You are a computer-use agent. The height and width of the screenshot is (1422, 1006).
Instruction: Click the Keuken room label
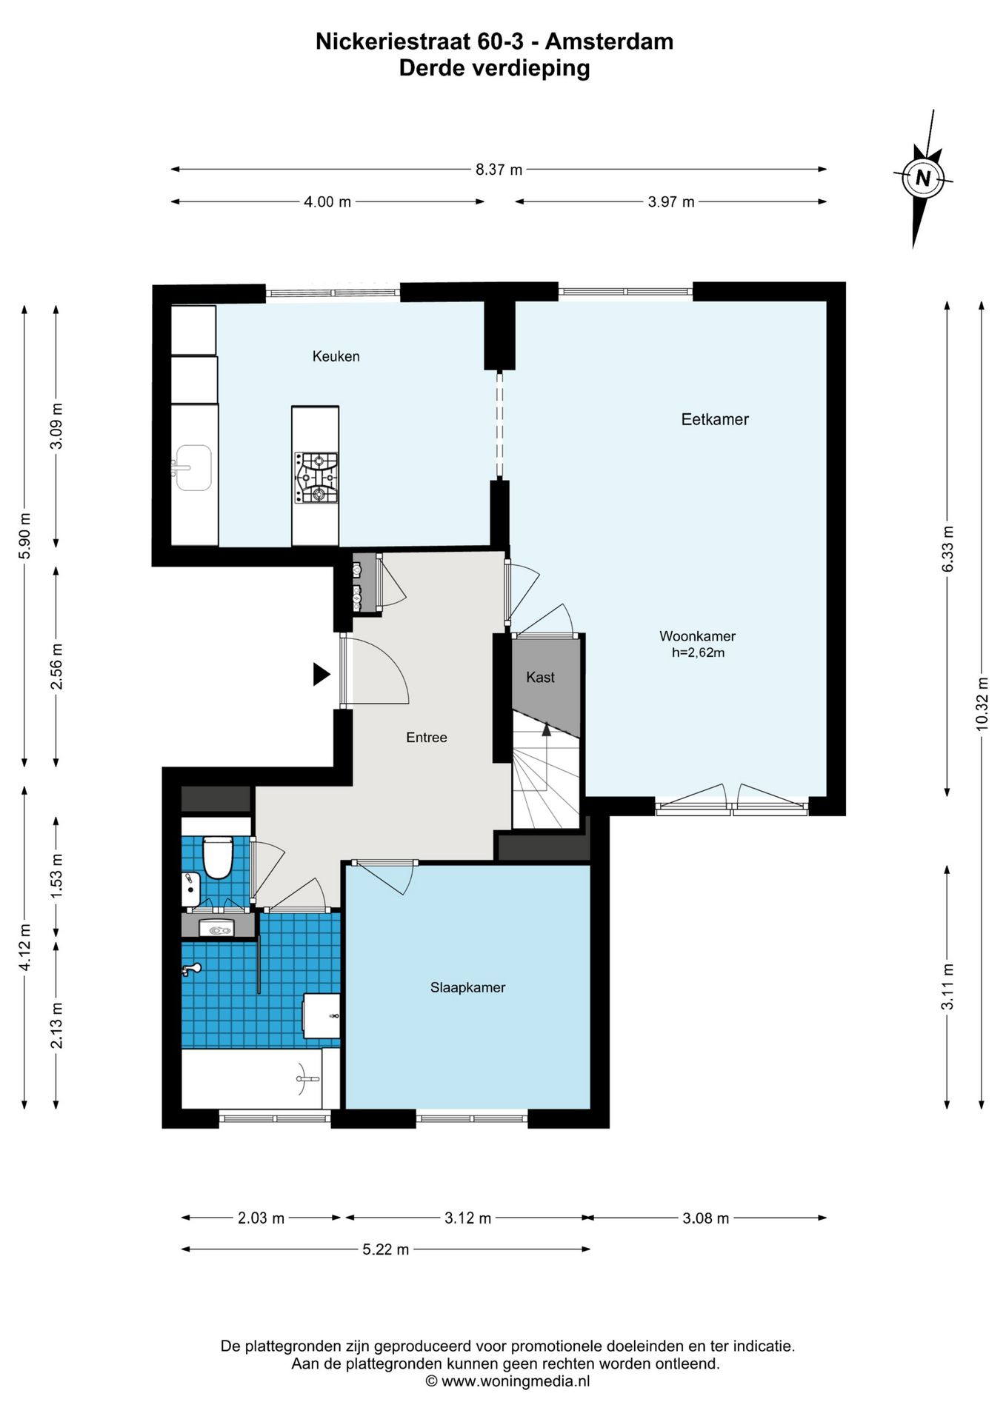click(336, 356)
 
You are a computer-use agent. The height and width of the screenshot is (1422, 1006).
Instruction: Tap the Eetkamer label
click(715, 419)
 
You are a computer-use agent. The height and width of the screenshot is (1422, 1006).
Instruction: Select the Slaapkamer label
click(467, 987)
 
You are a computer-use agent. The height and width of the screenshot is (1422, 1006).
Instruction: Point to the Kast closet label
click(540, 677)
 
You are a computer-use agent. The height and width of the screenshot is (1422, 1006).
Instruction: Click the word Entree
click(427, 738)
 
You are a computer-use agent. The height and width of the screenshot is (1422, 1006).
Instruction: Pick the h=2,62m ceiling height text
click(698, 652)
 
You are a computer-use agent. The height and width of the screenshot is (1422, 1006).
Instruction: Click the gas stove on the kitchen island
click(316, 478)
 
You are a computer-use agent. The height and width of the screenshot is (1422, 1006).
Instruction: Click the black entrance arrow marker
click(321, 674)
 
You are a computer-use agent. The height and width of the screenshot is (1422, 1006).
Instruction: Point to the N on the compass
click(923, 178)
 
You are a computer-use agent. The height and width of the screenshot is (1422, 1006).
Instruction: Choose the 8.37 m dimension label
click(499, 170)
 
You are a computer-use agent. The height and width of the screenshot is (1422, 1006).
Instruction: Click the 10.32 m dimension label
click(982, 704)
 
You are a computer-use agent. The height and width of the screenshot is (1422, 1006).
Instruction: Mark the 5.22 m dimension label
click(385, 1249)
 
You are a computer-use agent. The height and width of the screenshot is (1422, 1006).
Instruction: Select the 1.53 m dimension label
click(56, 876)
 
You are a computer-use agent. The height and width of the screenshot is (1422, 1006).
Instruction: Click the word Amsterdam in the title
click(610, 41)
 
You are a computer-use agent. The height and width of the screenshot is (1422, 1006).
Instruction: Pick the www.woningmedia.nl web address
click(516, 1381)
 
